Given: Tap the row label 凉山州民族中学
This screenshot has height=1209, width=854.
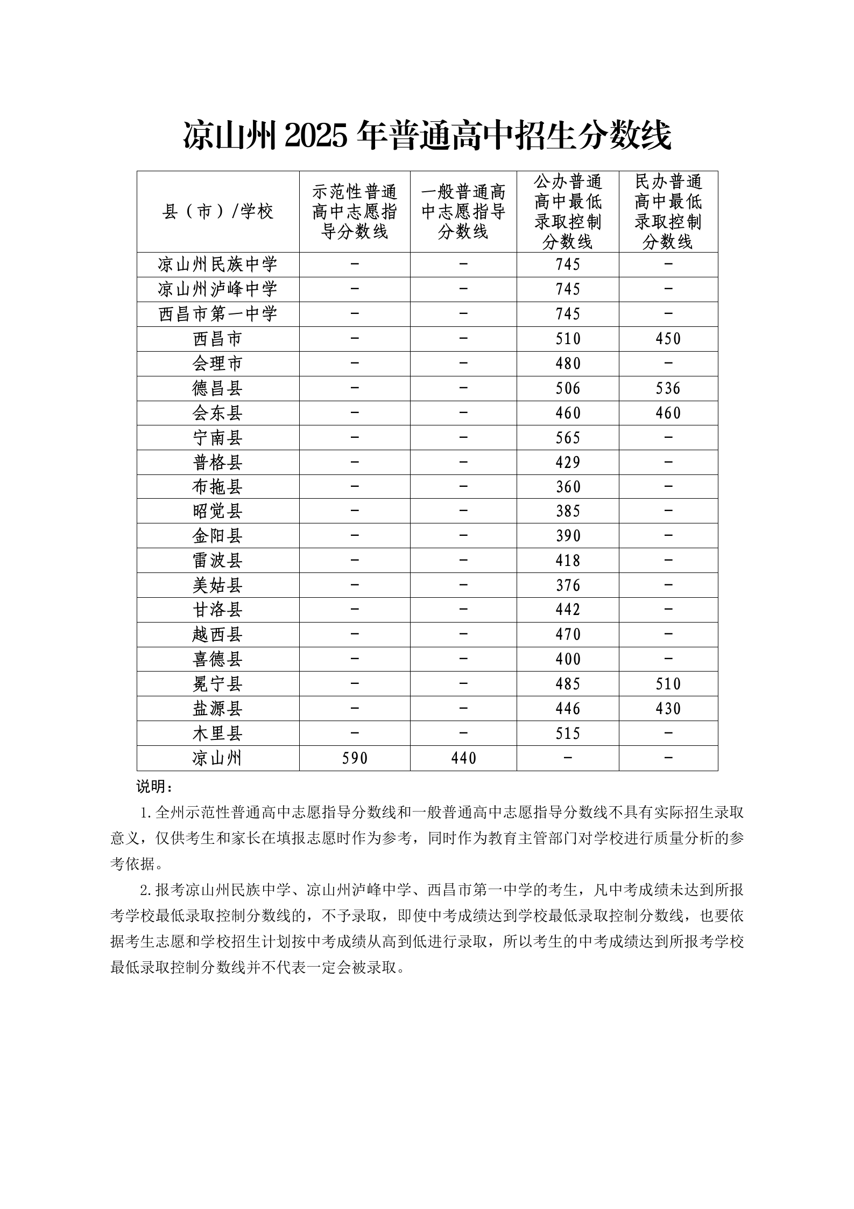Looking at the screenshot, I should click(217, 265).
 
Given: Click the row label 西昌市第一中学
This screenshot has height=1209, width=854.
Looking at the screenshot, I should click(217, 315).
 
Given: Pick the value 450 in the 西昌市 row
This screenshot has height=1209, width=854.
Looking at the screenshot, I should click(668, 339).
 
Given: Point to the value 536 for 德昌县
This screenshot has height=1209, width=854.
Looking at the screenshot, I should click(668, 389).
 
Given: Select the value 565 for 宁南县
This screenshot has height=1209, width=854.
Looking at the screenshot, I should click(568, 438).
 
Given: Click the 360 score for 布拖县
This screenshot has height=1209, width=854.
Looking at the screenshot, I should click(568, 487).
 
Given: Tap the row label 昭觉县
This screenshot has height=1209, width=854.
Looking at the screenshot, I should click(217, 512).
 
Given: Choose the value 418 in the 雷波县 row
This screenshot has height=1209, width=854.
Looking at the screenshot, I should click(568, 561).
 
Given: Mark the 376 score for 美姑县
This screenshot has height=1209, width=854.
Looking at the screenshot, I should click(568, 586).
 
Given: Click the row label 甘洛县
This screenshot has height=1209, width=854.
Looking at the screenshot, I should click(217, 610).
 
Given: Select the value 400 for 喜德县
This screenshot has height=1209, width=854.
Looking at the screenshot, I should click(568, 660).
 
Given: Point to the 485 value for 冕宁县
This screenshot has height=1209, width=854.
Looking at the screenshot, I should click(568, 684).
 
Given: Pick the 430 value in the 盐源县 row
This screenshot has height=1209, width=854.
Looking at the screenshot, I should click(668, 709).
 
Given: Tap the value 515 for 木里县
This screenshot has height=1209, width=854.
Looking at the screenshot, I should click(568, 734).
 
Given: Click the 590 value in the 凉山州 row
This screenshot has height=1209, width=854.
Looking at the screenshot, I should click(355, 759).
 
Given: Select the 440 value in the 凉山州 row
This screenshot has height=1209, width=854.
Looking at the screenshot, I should click(463, 759).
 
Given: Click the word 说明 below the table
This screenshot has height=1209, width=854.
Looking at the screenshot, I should click(152, 787).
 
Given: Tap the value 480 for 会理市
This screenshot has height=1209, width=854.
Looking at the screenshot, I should click(568, 364).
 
